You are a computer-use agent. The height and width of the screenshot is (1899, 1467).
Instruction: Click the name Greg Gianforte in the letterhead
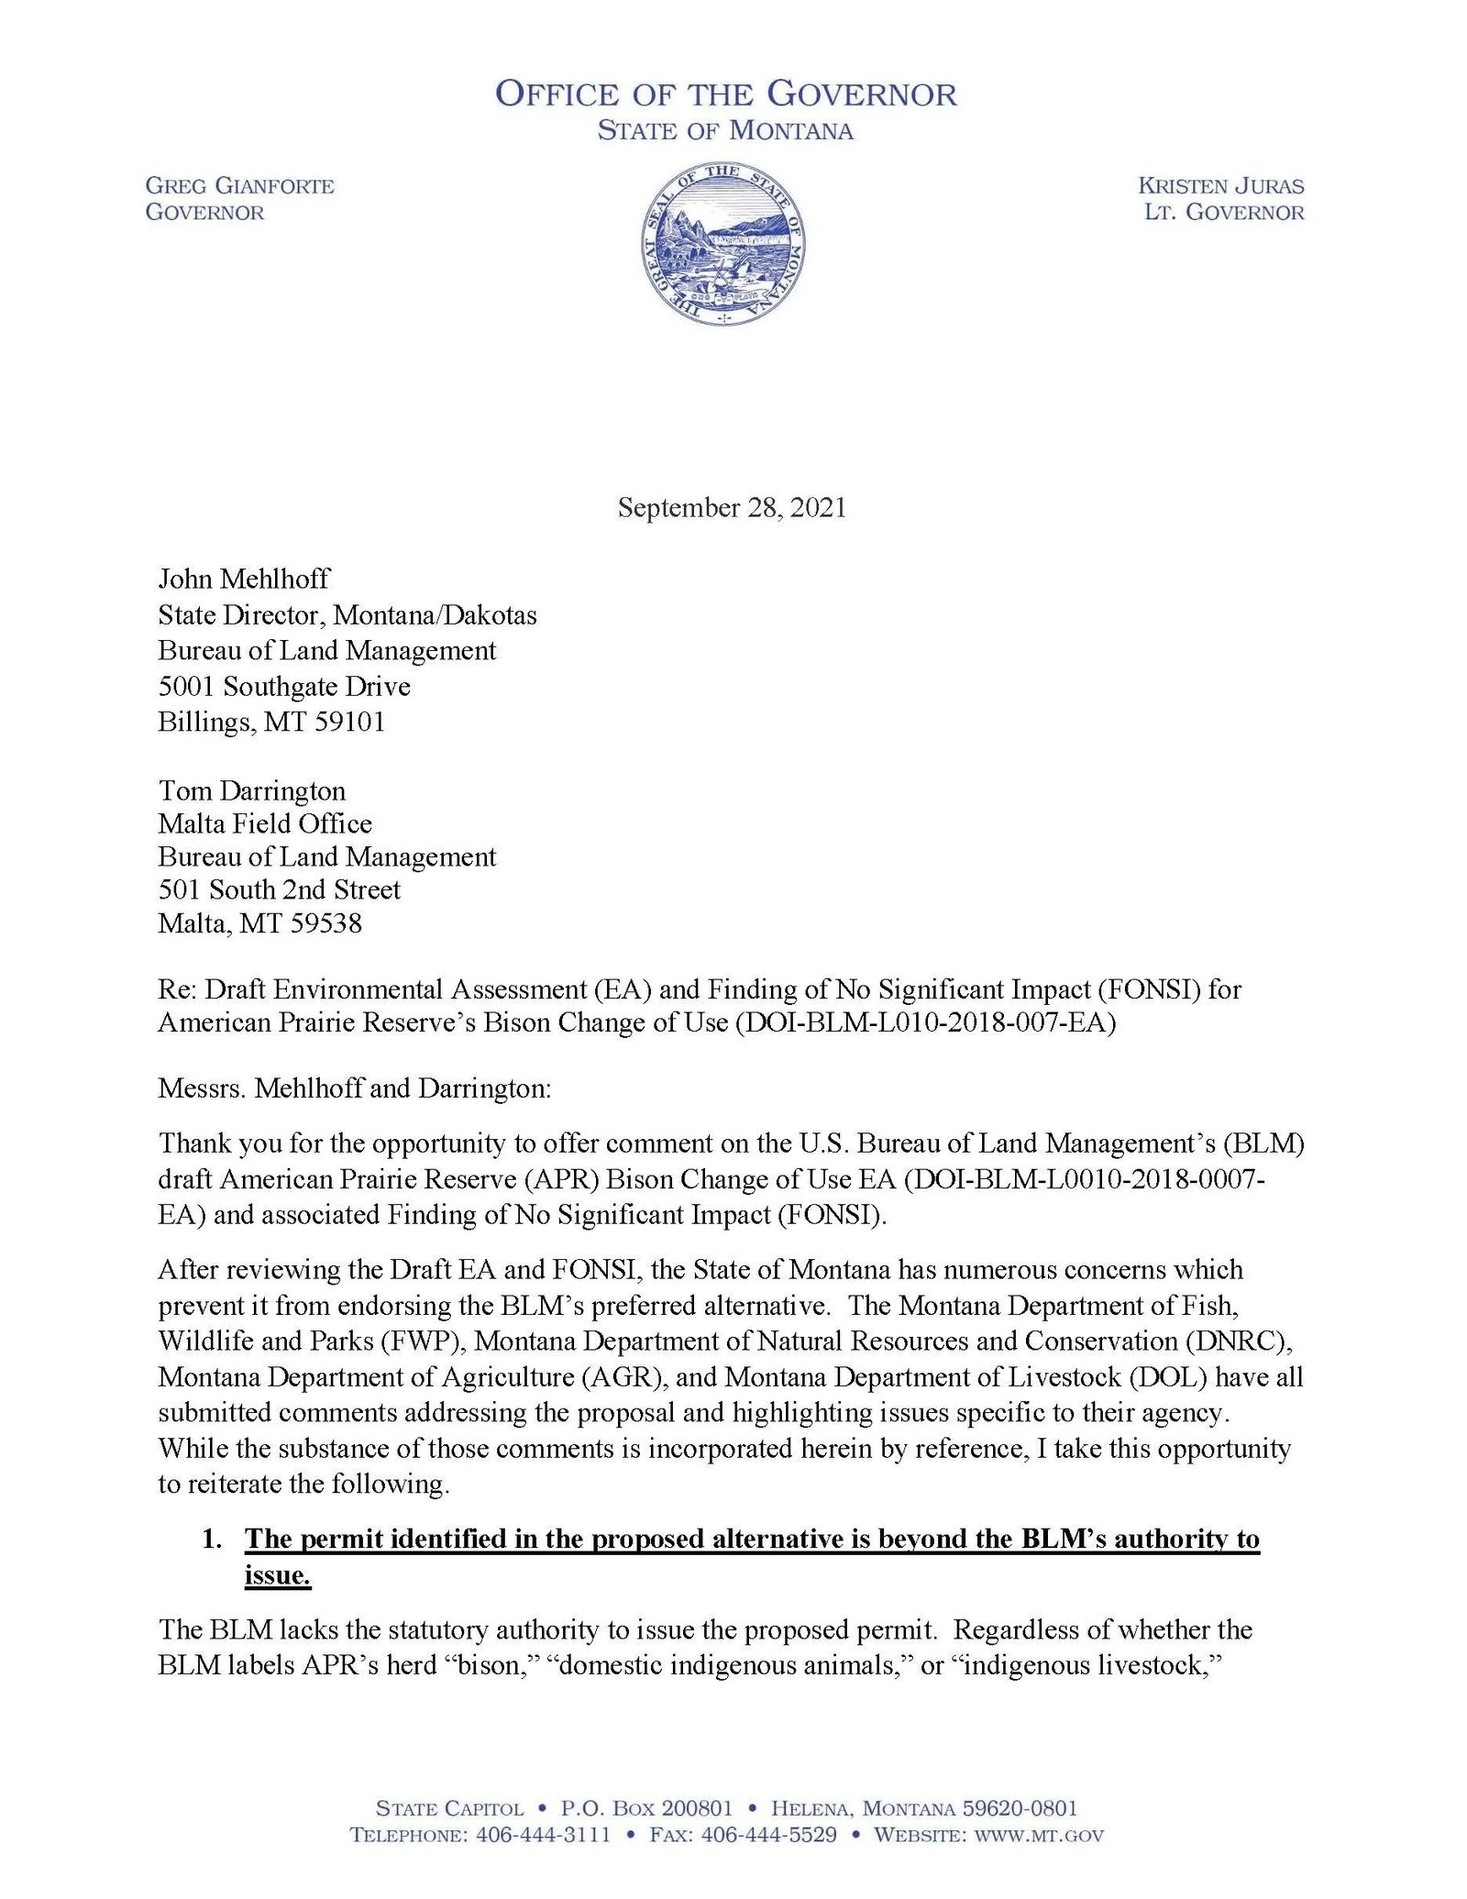(x=240, y=186)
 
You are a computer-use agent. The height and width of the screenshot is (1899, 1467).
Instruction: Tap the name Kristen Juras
(x=1220, y=186)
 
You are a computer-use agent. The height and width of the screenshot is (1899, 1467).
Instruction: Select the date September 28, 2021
(x=732, y=507)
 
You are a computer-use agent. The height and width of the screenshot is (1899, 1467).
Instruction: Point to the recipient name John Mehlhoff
(x=244, y=579)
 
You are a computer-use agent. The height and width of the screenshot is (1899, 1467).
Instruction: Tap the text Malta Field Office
(x=265, y=823)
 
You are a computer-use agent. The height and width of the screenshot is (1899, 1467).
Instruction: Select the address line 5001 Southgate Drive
(x=284, y=686)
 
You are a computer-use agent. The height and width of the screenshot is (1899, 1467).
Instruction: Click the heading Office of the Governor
(x=725, y=94)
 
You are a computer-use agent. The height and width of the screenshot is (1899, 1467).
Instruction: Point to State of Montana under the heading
(x=725, y=131)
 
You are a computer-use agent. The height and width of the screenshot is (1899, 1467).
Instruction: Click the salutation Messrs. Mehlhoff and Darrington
(x=355, y=1088)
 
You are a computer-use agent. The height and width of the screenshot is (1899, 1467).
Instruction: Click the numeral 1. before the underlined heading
(x=212, y=1539)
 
